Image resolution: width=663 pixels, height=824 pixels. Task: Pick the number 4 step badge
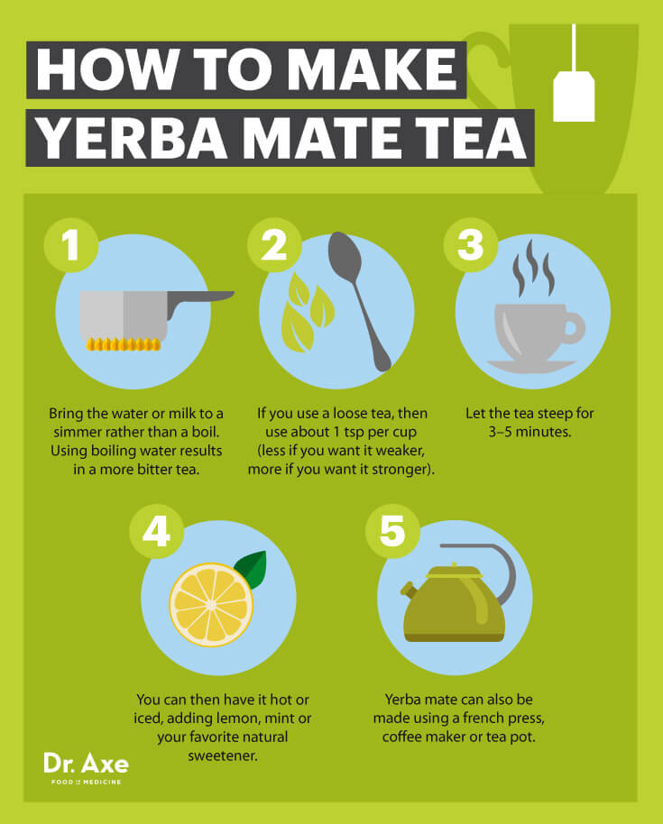tap(156, 532)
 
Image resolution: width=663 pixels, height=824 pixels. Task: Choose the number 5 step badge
tap(391, 532)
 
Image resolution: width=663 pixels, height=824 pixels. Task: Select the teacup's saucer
tap(532, 365)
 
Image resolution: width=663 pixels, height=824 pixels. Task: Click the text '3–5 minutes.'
tap(531, 432)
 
